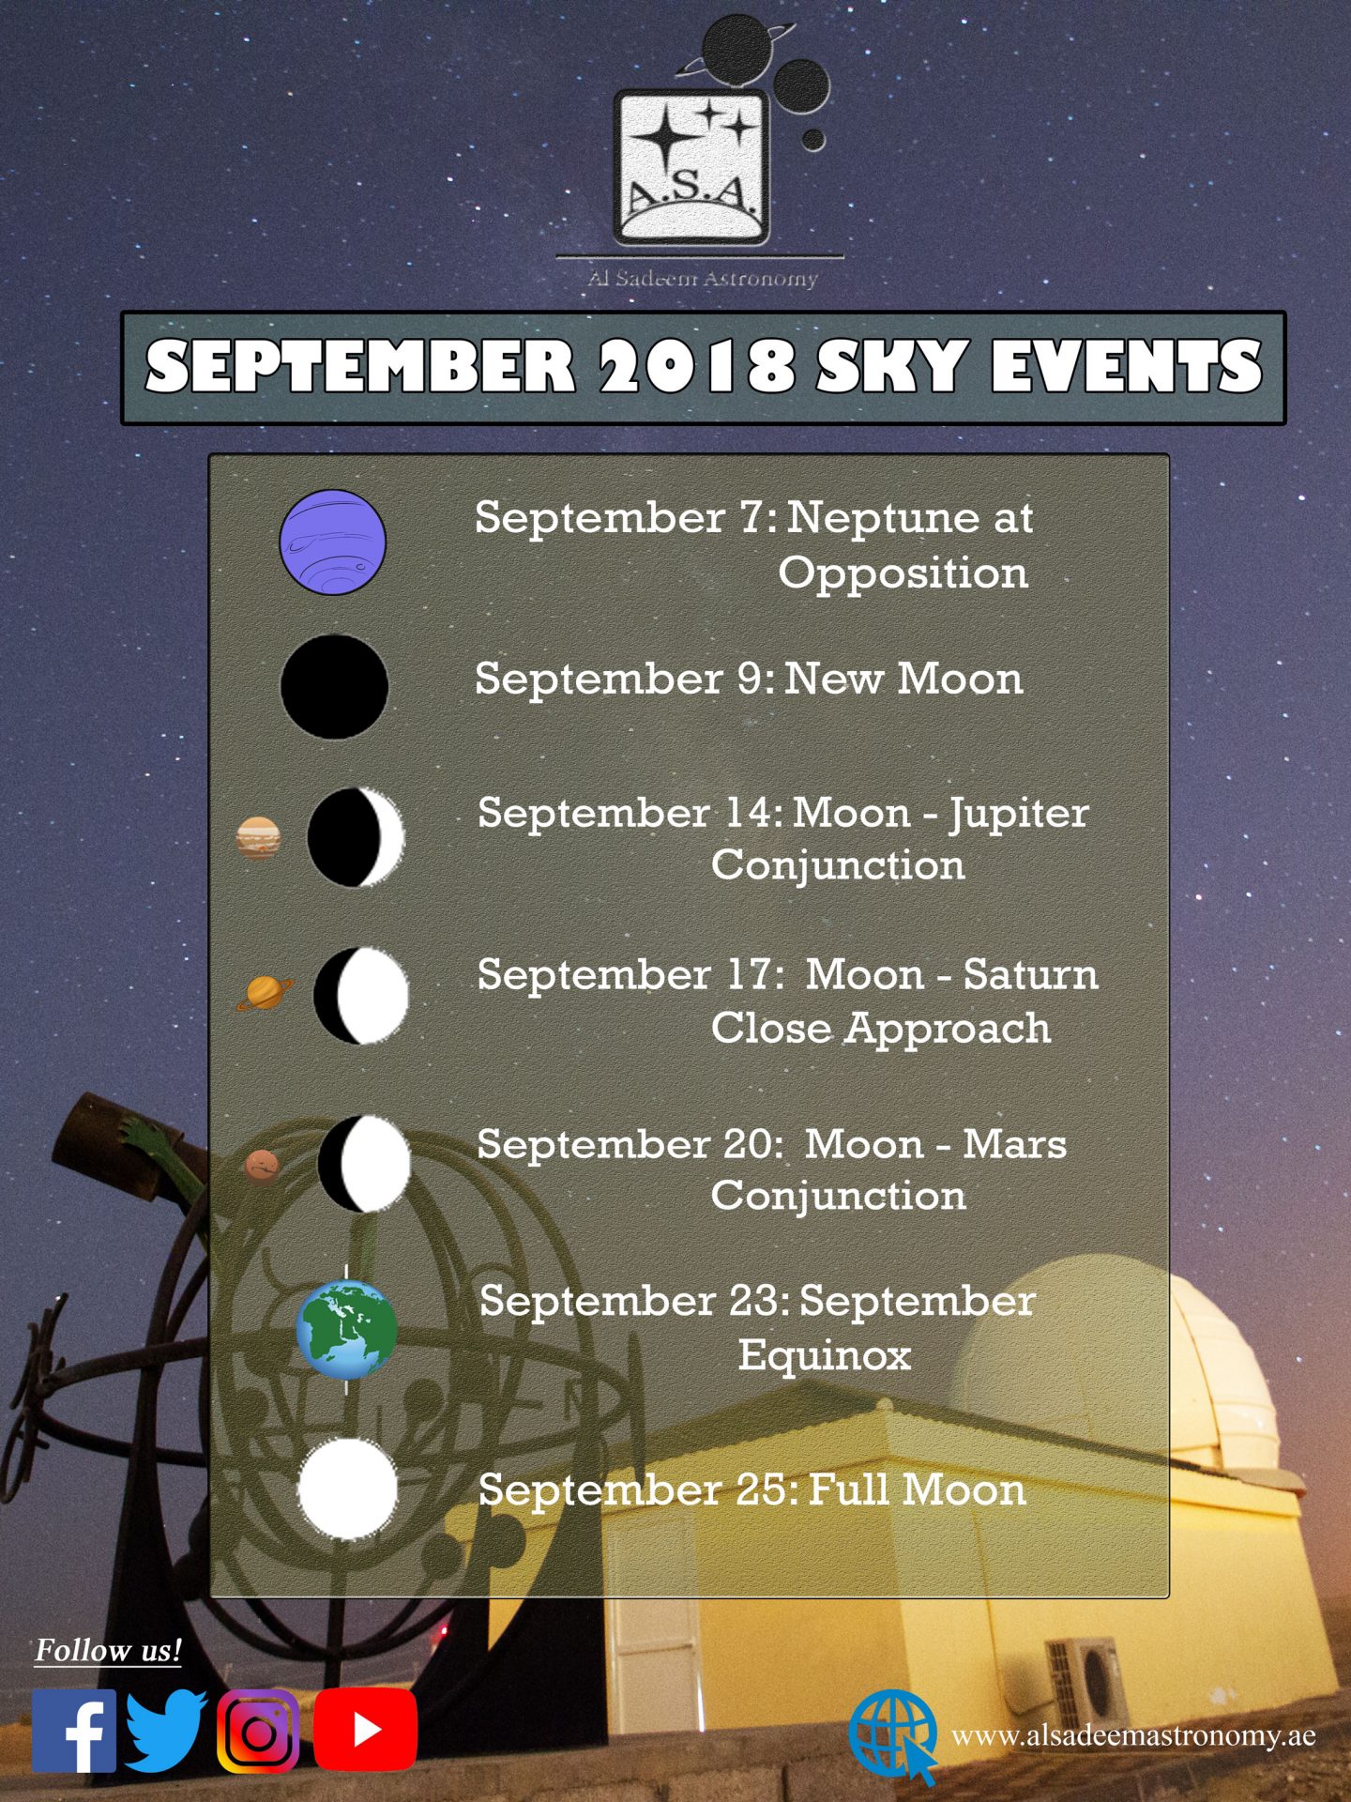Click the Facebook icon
click(74, 1731)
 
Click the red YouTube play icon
click(365, 1731)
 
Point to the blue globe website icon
click(892, 1736)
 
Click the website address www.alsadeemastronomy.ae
click(1133, 1736)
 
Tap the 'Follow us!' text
click(108, 1650)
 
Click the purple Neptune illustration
click(333, 542)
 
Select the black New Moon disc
click(334, 687)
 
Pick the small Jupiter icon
click(259, 838)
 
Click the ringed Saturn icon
click(265, 992)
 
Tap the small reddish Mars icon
click(262, 1166)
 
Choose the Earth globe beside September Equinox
click(346, 1330)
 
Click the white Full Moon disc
click(347, 1489)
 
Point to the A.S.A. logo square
click(691, 167)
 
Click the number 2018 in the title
click(698, 366)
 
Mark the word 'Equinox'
click(825, 1354)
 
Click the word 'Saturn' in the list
click(1030, 974)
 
